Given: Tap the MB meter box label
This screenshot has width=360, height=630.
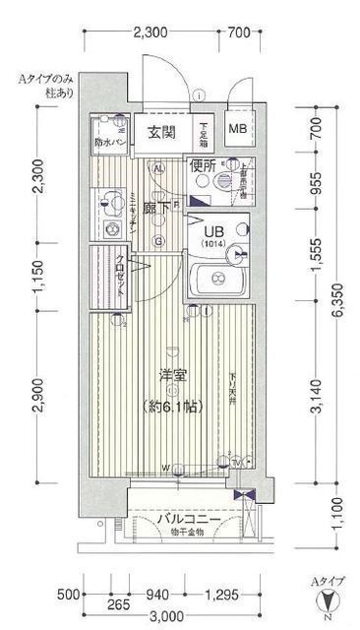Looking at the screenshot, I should [238, 128].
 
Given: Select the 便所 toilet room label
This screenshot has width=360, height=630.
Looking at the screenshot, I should [203, 165].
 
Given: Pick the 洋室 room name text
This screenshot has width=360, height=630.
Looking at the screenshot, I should [174, 374].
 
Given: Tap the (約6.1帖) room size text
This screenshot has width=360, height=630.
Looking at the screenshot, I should [174, 406].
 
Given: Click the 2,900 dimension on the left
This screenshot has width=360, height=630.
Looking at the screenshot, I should [35, 398].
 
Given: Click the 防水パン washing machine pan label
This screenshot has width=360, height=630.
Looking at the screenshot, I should [109, 143].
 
